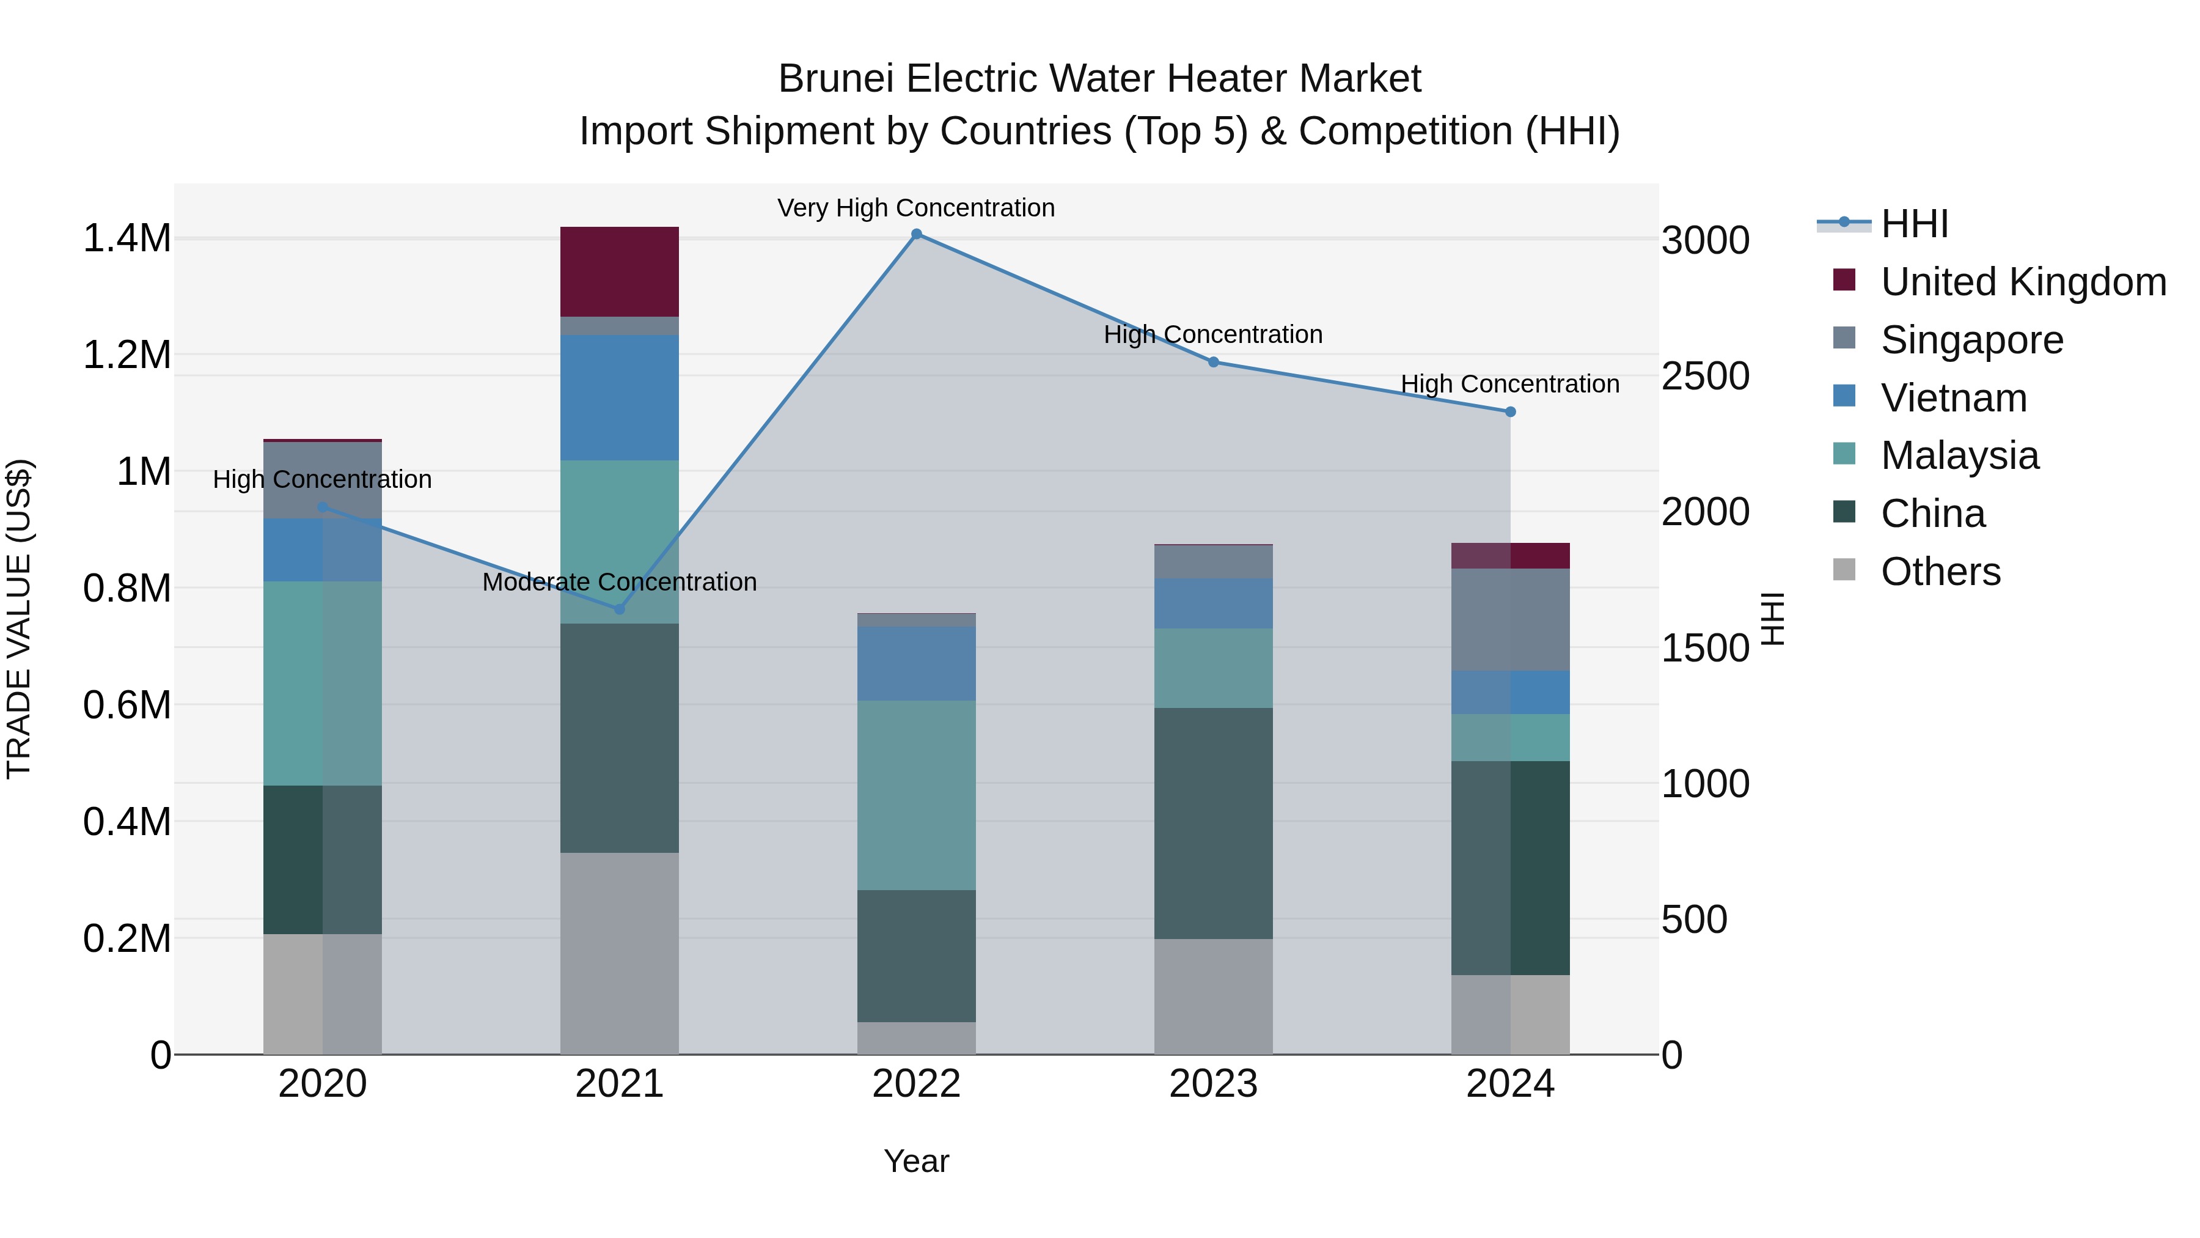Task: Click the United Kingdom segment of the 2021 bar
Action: [x=619, y=271]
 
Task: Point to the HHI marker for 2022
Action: [x=917, y=234]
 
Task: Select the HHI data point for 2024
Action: [x=1510, y=412]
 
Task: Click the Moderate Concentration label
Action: [x=619, y=583]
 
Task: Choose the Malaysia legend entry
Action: [x=1959, y=455]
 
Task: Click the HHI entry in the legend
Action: [x=1914, y=224]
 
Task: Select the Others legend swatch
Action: [x=1844, y=570]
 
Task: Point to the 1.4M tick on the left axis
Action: [x=127, y=238]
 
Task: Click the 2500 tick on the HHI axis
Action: [x=1704, y=376]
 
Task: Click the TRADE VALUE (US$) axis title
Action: [x=19, y=619]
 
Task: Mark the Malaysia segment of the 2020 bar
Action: [x=322, y=683]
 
